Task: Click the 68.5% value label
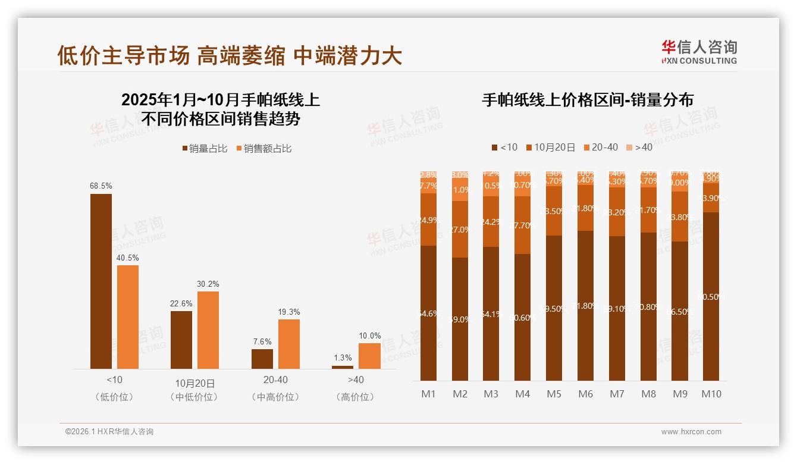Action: coord(101,186)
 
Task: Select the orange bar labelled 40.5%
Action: coord(128,316)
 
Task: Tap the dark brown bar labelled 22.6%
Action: coord(181,340)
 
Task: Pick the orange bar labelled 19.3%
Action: coord(289,344)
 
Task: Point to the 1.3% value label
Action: coord(343,358)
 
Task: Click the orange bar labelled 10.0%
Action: coord(369,356)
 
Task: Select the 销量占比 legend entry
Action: coord(205,149)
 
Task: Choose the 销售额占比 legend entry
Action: coord(264,149)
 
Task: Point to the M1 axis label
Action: coord(428,394)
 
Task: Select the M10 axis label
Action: coord(711,394)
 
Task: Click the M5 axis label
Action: coord(554,394)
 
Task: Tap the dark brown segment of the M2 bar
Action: coord(460,319)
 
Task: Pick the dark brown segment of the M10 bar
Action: coord(711,296)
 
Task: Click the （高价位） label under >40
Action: coord(356,397)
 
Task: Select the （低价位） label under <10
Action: coord(114,397)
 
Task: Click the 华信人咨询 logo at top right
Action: coord(699,52)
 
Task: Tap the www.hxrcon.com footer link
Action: coord(691,432)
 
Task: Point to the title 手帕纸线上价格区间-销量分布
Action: coord(588,100)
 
